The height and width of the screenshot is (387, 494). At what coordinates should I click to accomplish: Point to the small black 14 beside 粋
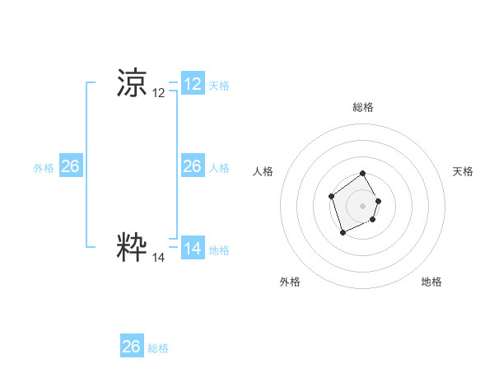[159, 257]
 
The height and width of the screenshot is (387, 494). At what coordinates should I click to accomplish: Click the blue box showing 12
[193, 83]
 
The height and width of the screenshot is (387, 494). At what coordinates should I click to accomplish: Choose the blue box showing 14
[193, 248]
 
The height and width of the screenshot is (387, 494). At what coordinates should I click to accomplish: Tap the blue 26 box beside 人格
[193, 166]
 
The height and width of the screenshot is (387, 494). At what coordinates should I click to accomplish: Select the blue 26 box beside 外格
[70, 166]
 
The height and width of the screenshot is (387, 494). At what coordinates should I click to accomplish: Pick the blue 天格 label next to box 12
[219, 85]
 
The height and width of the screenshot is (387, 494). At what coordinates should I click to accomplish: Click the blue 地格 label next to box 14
[219, 249]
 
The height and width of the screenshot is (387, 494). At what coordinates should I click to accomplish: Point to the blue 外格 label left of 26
[44, 168]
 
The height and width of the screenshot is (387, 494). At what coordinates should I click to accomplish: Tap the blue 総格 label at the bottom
[158, 347]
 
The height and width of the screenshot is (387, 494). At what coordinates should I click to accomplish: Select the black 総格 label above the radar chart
[363, 107]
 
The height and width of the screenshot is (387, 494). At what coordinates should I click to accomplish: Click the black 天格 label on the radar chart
[464, 171]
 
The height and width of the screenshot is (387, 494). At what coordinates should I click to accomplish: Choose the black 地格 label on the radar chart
[431, 282]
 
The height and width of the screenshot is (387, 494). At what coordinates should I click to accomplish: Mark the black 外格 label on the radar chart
[290, 282]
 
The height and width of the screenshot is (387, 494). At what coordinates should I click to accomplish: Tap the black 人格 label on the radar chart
[263, 171]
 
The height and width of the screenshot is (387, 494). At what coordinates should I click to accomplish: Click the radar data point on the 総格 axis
[363, 175]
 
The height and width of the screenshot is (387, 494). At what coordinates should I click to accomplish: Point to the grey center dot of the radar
[363, 205]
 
